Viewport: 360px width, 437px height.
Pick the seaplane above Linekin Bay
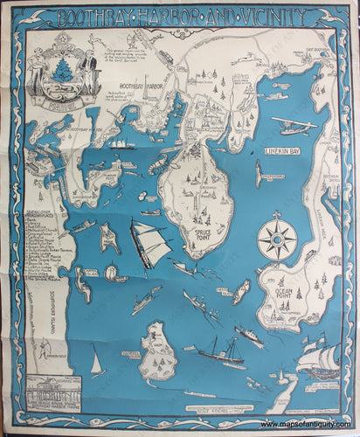coord(293,125)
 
